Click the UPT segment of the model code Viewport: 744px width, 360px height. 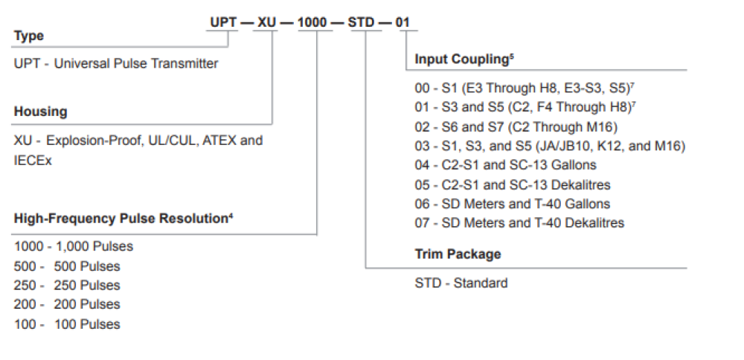click(x=223, y=22)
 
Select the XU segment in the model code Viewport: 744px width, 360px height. click(x=266, y=22)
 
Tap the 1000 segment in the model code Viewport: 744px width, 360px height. click(x=315, y=22)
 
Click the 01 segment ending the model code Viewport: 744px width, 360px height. click(x=403, y=22)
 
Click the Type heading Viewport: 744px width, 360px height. click(x=29, y=36)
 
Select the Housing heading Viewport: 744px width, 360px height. click(x=41, y=112)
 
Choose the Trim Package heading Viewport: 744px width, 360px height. click(x=458, y=254)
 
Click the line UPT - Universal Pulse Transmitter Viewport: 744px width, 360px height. click(x=116, y=63)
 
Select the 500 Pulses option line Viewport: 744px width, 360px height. click(x=67, y=266)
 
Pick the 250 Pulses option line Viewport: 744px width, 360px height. click(x=67, y=286)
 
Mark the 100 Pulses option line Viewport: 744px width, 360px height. click(x=67, y=324)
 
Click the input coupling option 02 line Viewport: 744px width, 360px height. click(x=516, y=127)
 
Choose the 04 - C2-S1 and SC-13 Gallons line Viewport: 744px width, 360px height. click(x=505, y=165)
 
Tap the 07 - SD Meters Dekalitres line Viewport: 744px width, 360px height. click(x=519, y=222)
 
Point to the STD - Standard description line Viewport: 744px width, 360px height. click(x=461, y=283)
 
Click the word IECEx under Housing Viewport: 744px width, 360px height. click(x=33, y=161)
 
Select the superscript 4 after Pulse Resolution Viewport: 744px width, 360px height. click(x=231, y=216)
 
